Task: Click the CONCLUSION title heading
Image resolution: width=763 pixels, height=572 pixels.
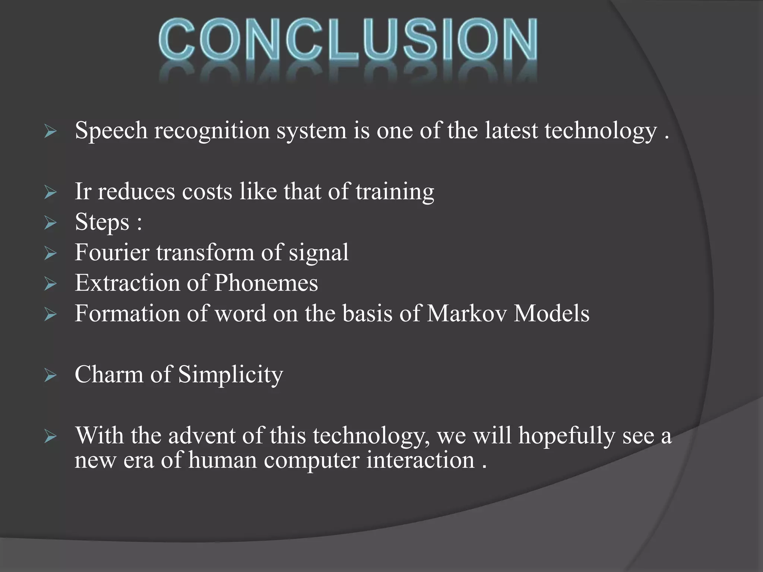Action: [x=348, y=41]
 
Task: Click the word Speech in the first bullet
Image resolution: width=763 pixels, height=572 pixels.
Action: [x=111, y=131]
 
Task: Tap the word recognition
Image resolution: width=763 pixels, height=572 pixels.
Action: [x=212, y=131]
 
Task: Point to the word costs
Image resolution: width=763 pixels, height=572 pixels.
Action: [x=207, y=191]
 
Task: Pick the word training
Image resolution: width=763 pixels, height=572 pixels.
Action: [x=395, y=192]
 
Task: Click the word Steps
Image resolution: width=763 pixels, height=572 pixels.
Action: [x=102, y=223]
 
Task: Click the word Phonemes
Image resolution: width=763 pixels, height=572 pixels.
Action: [x=266, y=283]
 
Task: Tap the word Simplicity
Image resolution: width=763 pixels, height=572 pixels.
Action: [x=231, y=375]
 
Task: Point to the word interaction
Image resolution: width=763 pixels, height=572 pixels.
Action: [x=421, y=460]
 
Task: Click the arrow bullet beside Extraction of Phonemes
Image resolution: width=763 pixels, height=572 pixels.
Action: [x=50, y=284]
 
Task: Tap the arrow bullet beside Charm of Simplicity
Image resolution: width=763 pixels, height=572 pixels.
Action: [x=50, y=375]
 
